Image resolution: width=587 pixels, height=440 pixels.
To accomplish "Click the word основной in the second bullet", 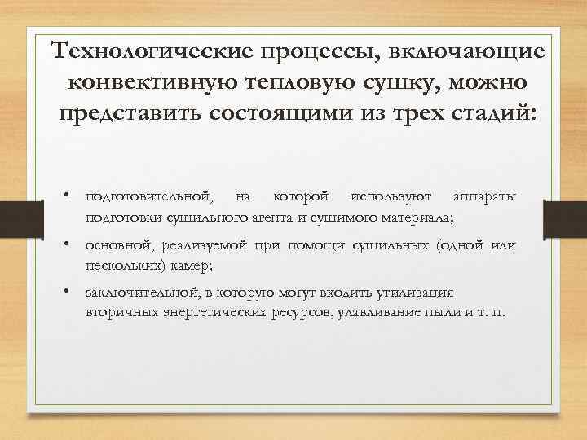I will click(x=117, y=245).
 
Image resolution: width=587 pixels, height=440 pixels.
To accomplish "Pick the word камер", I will click(x=192, y=265).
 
